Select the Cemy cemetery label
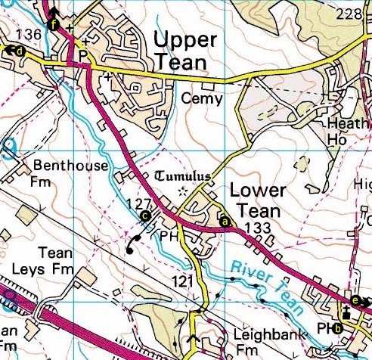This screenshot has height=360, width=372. click(x=203, y=98)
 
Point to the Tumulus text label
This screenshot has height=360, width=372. click(x=182, y=176)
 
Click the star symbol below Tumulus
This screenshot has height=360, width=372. click(x=181, y=192)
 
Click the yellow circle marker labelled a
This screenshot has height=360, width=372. click(x=225, y=222)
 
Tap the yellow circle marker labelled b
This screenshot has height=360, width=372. click(x=338, y=327)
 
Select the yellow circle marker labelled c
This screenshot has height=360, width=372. click(x=144, y=216)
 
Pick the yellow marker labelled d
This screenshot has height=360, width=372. click(x=19, y=51)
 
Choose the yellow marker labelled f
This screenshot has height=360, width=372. click(x=52, y=24)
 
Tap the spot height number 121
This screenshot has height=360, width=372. click(x=178, y=281)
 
